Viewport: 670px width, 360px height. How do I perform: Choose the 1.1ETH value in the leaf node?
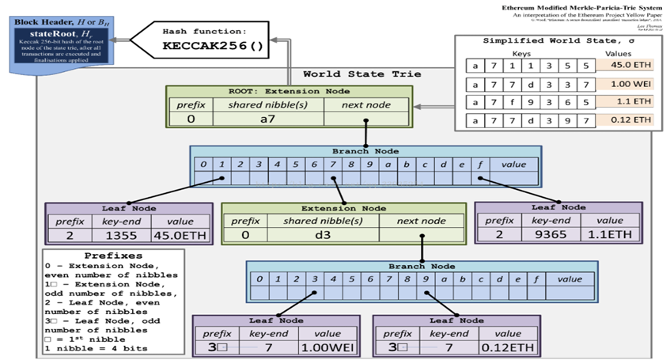click(609, 235)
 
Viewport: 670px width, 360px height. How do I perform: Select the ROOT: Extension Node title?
click(289, 91)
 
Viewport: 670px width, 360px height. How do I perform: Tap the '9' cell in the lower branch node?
click(426, 279)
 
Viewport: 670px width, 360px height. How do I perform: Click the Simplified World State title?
click(558, 40)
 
